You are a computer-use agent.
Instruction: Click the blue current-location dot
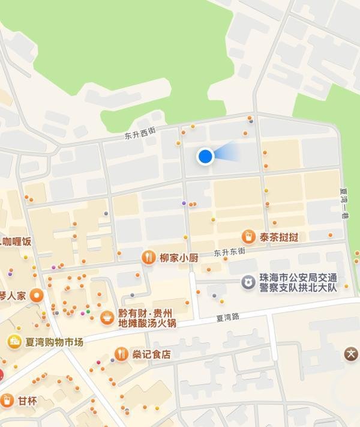206,156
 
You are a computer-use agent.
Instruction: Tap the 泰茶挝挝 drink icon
248,237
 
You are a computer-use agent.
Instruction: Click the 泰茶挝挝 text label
279,237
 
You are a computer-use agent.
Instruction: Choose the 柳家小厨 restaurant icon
148,258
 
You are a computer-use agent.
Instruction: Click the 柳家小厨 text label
179,258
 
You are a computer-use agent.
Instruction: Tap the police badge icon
247,282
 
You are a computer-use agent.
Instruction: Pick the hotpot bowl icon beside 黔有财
107,317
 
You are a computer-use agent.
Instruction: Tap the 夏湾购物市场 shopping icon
13,342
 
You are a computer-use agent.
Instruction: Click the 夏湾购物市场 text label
54,342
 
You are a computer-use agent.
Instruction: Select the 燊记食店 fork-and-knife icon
121,354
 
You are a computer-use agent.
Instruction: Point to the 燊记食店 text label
151,354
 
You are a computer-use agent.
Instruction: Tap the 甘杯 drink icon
7,400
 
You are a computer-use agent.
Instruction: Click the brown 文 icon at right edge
351,354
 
